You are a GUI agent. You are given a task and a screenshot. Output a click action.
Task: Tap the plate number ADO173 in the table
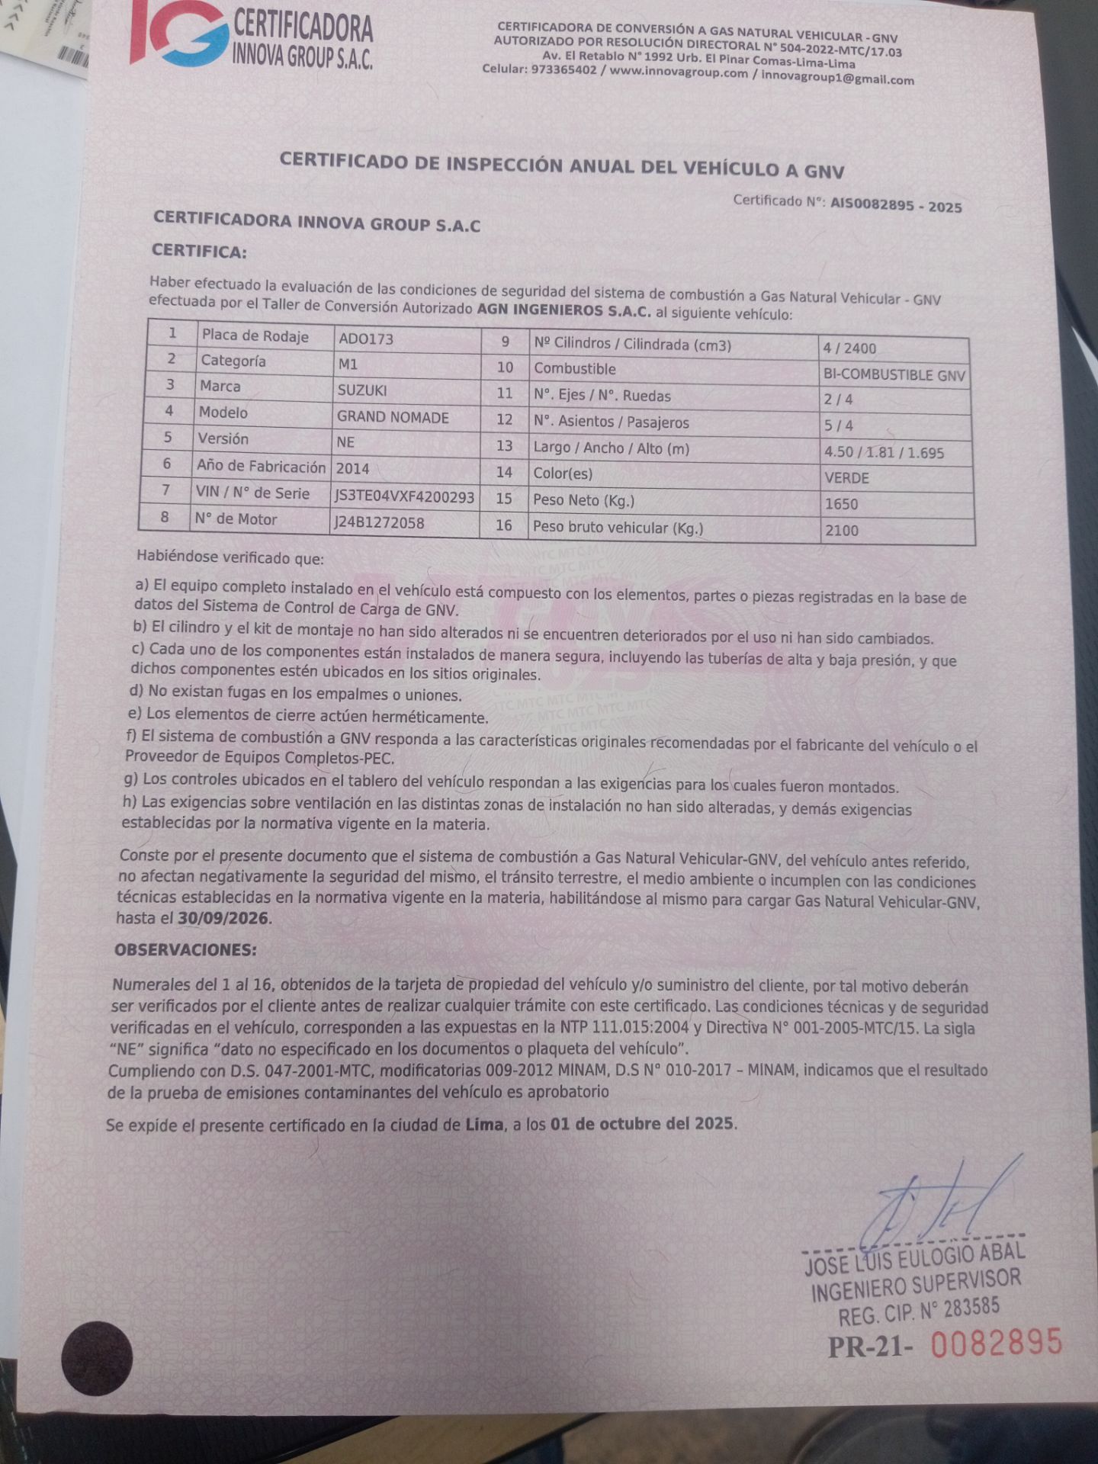366,339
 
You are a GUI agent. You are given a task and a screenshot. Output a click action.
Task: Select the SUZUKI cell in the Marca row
362,390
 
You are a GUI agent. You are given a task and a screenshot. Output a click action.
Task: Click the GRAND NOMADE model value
393,417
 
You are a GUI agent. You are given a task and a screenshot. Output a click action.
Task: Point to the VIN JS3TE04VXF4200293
405,497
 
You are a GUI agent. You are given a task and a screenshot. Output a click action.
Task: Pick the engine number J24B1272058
379,523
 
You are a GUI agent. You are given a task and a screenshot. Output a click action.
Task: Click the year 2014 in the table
352,469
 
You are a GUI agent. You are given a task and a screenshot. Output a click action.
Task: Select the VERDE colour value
846,478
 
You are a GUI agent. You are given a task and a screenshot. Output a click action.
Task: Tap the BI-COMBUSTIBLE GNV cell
894,375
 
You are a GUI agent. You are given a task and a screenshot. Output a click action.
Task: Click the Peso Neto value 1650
841,504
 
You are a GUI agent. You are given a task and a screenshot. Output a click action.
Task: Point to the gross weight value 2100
841,531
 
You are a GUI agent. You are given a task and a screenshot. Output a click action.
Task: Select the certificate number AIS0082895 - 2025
896,205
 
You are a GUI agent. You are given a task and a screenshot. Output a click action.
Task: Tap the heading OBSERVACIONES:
185,950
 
